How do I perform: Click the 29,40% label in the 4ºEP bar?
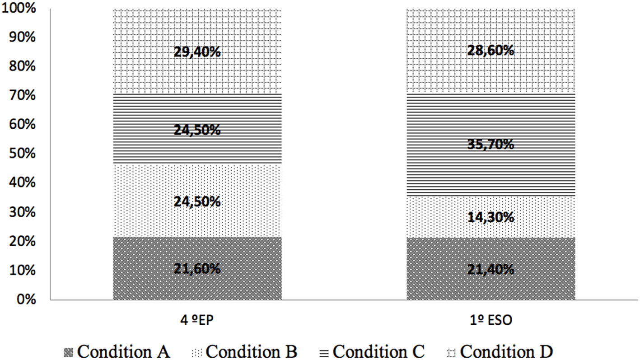point(197,52)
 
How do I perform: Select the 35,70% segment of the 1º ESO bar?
point(491,145)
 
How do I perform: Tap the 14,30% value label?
point(491,217)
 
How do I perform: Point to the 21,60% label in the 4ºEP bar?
point(197,269)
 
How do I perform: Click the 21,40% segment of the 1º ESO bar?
point(491,270)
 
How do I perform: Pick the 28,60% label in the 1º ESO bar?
point(491,50)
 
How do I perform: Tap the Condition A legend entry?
point(118,351)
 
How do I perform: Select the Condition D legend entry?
point(502,351)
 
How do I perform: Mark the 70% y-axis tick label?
point(22,96)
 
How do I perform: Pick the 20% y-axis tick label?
point(22,242)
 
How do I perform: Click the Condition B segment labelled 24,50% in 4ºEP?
point(197,201)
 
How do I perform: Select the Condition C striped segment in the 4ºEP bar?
point(197,130)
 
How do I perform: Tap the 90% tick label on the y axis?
point(22,37)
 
